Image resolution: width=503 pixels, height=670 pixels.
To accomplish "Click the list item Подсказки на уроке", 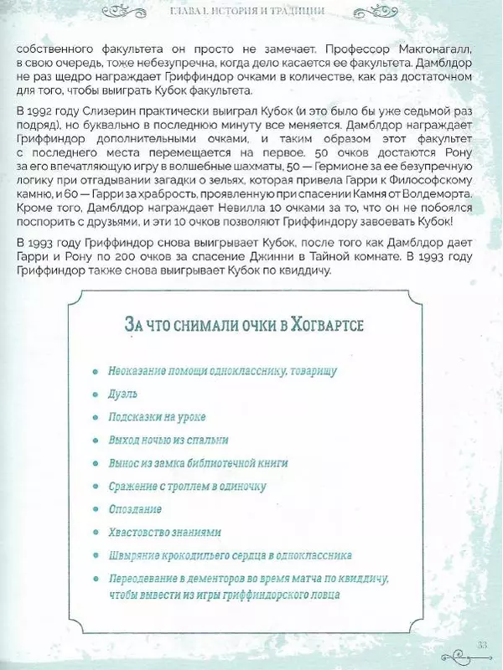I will click(158, 415).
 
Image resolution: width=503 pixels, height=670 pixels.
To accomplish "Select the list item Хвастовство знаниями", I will click(164, 532).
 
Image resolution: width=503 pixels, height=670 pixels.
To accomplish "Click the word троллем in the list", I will click(199, 485).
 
